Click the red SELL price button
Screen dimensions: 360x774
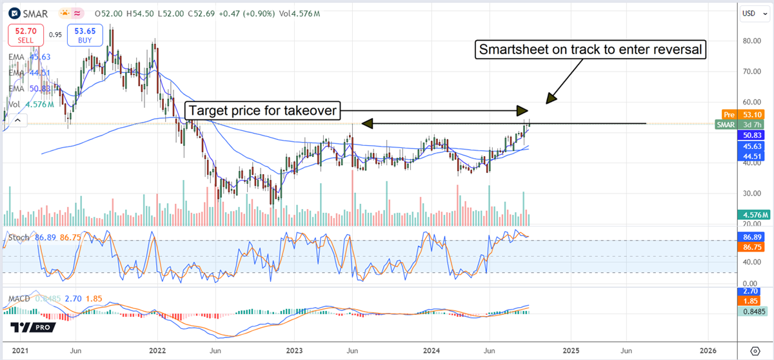click(26, 35)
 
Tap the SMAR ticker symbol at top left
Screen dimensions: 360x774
click(33, 13)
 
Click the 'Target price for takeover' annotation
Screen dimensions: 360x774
click(263, 111)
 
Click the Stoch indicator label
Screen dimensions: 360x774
click(18, 237)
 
